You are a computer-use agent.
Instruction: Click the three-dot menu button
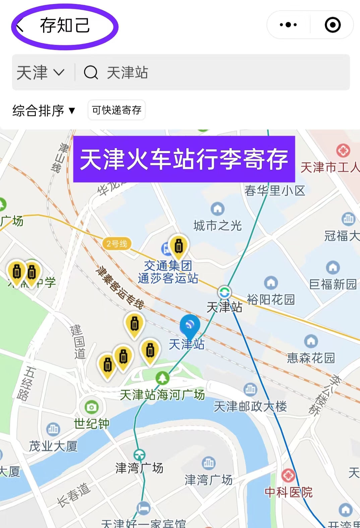tap(288, 25)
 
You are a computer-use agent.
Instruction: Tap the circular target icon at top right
tap(333, 25)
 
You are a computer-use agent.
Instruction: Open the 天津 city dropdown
tap(40, 72)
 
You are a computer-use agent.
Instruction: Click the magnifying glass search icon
tap(91, 72)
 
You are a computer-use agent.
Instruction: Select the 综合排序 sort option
tap(44, 110)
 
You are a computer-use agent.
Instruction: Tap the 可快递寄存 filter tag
tap(117, 110)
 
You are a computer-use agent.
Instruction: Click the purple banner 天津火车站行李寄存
tap(184, 159)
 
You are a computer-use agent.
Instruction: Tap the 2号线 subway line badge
tap(117, 244)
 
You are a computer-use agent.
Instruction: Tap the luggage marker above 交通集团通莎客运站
tap(179, 247)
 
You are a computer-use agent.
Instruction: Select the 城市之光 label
tap(218, 226)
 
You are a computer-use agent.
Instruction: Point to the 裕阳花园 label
tap(271, 299)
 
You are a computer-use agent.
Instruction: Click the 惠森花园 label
tap(311, 358)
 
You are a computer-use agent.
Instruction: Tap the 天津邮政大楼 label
tap(250, 406)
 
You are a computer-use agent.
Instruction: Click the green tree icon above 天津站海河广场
tap(163, 378)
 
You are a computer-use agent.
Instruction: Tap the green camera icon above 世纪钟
tap(91, 407)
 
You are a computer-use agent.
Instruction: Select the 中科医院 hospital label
tap(289, 492)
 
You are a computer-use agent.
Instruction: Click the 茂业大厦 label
tap(53, 446)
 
